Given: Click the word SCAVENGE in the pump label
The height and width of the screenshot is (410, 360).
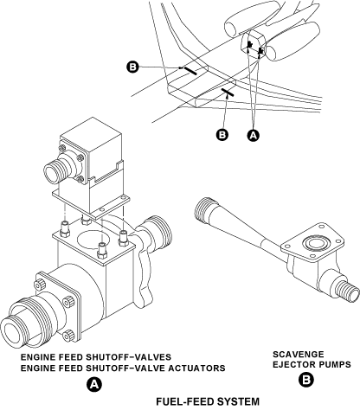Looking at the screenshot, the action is [294, 354].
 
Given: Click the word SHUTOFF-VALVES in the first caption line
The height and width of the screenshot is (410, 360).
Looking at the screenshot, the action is [128, 357].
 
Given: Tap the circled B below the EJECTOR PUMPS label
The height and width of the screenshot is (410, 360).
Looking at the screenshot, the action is [305, 380].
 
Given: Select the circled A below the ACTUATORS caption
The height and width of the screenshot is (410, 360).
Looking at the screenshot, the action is [94, 384].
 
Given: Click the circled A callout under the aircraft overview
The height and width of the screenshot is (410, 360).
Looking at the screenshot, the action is [253, 135].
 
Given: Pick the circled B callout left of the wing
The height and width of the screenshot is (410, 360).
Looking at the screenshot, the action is [132, 67].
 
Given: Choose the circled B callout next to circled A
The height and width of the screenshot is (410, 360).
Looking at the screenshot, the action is [222, 135].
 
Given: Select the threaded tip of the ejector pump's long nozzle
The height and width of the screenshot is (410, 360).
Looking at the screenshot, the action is [204, 209].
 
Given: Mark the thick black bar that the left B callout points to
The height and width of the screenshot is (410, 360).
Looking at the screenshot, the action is [190, 71].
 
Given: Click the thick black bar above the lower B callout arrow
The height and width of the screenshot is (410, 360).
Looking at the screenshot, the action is [228, 93].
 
